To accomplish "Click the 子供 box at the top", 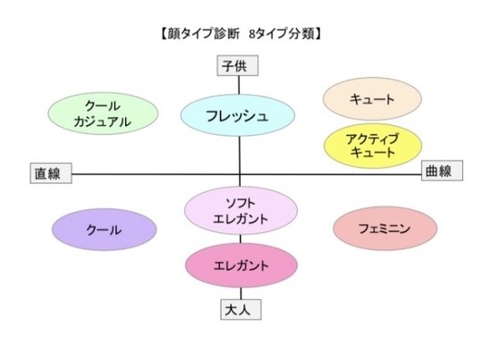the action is tap(238, 65).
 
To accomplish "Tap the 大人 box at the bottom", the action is tap(241, 310).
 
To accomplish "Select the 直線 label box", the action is tap(51, 173).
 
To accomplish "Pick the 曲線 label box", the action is tap(442, 171).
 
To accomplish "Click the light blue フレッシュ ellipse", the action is tap(238, 115).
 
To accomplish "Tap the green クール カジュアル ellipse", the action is tap(103, 113).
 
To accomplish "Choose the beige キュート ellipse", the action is tap(373, 98).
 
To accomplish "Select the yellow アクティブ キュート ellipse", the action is tap(373, 146).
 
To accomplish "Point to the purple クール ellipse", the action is tap(104, 230).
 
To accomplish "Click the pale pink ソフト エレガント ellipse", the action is tap(240, 211).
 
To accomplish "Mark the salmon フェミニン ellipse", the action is tap(385, 229).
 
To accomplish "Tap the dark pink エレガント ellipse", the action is tap(241, 265).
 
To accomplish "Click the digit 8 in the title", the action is tap(252, 34).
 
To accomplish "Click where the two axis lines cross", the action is tap(240, 174).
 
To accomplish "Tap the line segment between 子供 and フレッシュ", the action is tap(239, 85).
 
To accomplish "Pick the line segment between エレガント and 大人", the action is tap(240, 294).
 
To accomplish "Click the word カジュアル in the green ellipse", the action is tap(103, 122).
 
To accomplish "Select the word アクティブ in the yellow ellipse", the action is tap(373, 139).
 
